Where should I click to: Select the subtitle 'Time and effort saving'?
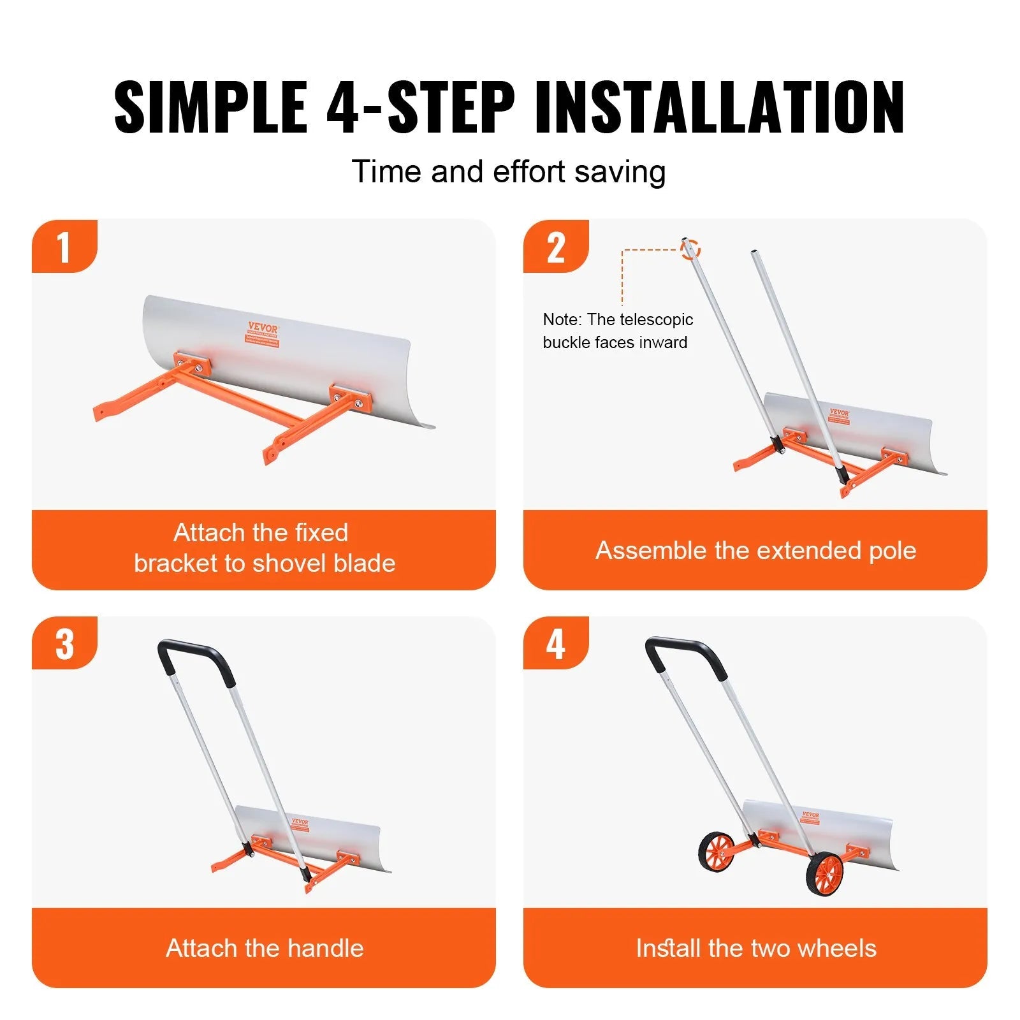click(509, 172)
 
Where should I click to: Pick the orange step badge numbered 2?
click(555, 247)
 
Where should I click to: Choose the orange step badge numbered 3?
click(64, 644)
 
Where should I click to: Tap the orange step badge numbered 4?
click(555, 644)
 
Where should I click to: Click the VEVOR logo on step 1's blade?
click(263, 328)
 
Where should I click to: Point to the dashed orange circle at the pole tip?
click(690, 249)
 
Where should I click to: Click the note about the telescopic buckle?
click(617, 331)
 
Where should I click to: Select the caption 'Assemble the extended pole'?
click(755, 550)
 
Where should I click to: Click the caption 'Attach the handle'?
click(265, 948)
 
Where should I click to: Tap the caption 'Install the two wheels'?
click(755, 948)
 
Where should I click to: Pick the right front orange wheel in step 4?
click(824, 874)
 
